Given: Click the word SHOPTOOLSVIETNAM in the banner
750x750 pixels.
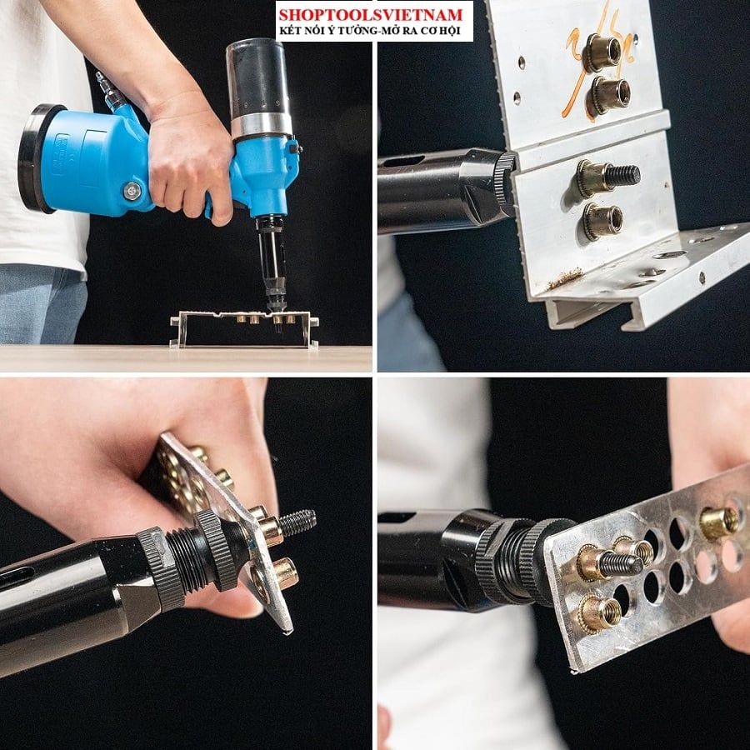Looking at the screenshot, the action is coord(371,14).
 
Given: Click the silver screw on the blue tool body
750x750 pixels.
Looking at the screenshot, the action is coord(132,192).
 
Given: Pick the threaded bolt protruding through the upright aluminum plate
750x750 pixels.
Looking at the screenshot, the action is coord(622,176).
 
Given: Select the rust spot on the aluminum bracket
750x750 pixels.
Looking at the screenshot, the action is coord(565,278).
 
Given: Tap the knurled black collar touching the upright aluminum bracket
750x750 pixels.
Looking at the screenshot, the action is coord(504,185).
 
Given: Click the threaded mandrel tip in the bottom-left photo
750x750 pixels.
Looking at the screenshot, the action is coord(297,522).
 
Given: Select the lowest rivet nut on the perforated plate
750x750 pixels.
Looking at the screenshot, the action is coord(600,612).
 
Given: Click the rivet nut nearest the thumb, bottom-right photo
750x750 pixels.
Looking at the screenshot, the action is coord(719,522).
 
